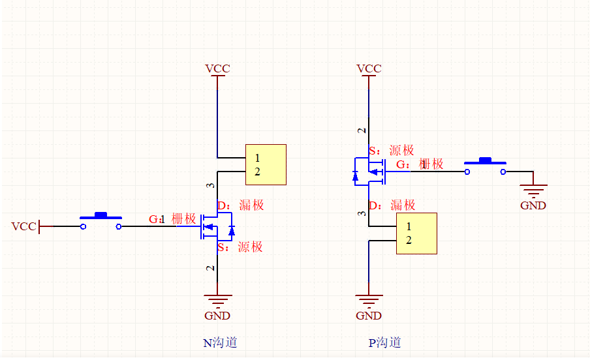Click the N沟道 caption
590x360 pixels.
pos(220,342)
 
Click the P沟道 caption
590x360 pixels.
pos(384,342)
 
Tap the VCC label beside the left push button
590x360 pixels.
pos(23,226)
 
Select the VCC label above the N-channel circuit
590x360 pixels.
pos(217,68)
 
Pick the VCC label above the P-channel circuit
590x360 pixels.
pos(369,68)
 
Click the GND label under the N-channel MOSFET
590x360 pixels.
pos(217,316)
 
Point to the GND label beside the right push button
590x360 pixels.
pos(533,205)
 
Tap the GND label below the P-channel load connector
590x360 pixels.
pos(369,316)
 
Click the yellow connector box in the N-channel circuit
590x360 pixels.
pos(266,164)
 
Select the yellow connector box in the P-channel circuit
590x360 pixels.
pos(417,233)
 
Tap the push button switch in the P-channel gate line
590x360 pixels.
pos(485,166)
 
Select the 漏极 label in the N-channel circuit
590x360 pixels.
pos(251,205)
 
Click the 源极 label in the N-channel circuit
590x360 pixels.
pos(250,247)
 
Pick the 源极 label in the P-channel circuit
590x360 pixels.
pos(401,151)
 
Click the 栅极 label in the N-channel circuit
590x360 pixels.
pos(183,219)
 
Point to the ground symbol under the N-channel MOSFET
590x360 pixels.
pos(217,301)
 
